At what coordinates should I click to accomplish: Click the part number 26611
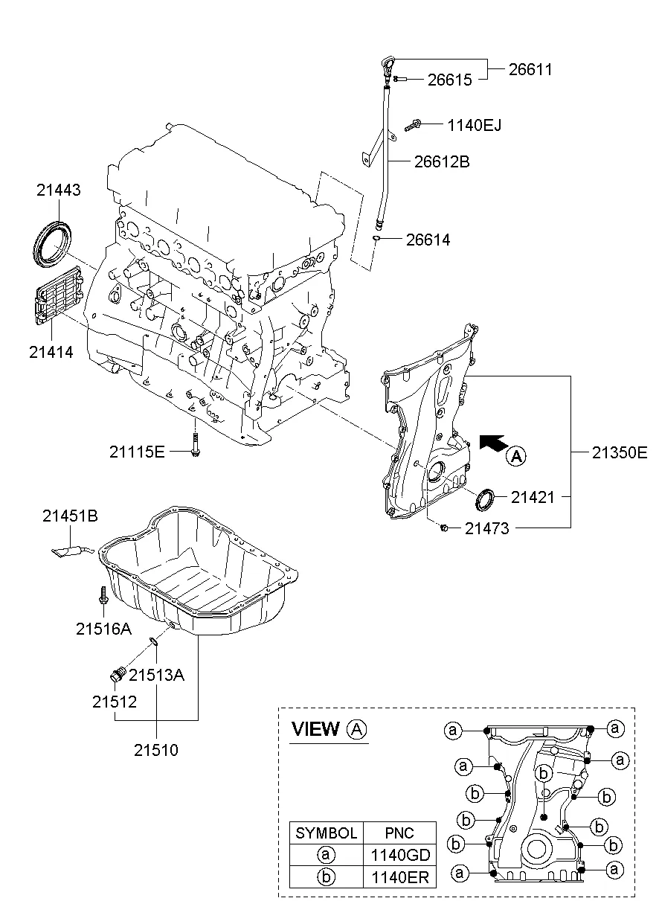pos(530,69)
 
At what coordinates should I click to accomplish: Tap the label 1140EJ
pos(474,126)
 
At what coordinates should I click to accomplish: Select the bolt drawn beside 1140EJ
pos(414,126)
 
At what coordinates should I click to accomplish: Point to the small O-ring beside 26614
pos(378,238)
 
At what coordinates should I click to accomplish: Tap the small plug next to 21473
pos(443,528)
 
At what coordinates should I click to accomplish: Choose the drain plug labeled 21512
pos(117,675)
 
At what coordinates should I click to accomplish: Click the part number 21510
pos(156,750)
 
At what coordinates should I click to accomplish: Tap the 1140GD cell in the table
pos(399,855)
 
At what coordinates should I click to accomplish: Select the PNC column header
pos(399,833)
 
